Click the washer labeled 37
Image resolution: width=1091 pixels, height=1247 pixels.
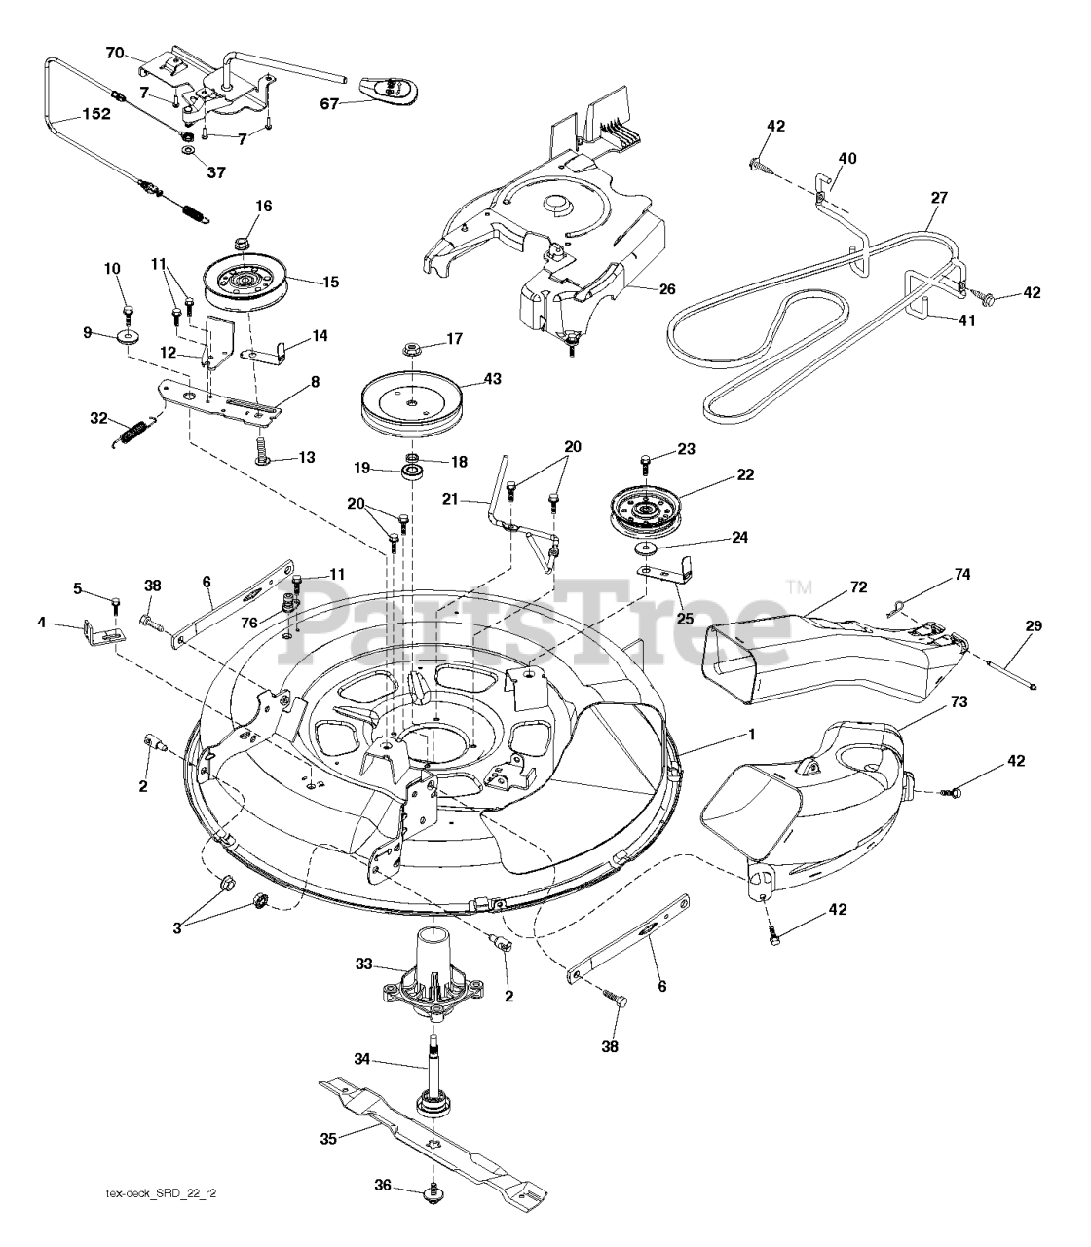[186, 152]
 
